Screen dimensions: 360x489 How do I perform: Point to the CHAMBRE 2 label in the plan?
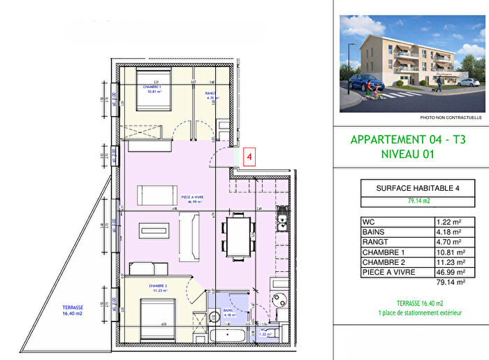(157, 287)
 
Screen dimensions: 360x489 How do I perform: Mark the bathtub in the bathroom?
(228, 335)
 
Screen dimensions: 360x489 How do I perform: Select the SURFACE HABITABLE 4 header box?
(409, 188)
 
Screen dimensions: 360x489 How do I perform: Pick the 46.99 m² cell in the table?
(448, 271)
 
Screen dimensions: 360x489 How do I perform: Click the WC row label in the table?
(368, 222)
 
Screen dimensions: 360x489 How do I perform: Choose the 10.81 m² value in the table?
(448, 252)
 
